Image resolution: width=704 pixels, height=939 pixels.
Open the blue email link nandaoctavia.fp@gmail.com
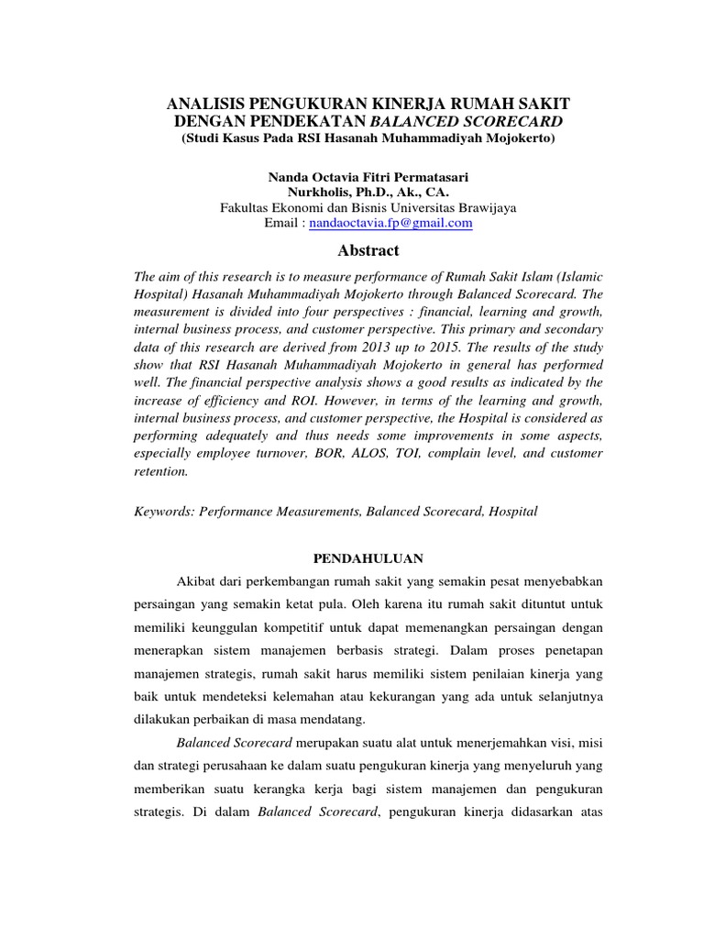390,223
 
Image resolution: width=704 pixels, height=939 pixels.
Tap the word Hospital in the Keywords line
514,511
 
